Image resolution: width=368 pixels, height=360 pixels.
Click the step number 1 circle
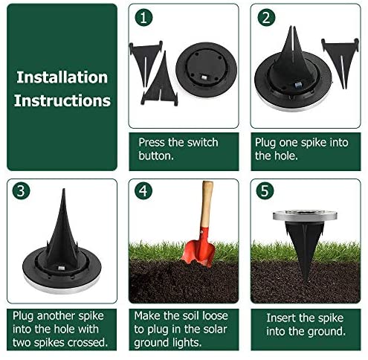point(143,17)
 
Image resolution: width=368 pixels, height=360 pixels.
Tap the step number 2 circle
point(266,17)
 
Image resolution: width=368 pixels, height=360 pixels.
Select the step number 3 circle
point(21,190)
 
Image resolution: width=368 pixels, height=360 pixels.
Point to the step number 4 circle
point(143,190)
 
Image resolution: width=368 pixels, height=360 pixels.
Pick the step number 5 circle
point(265,190)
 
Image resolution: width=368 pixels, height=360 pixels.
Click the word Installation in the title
point(62,77)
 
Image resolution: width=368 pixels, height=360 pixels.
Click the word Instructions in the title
point(62,100)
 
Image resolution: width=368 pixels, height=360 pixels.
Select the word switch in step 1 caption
point(202,142)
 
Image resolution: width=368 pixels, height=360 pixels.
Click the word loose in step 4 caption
point(215,315)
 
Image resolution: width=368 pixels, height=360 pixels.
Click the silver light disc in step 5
point(305,216)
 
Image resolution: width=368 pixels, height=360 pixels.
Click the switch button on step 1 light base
point(204,77)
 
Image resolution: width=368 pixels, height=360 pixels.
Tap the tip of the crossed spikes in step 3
point(64,189)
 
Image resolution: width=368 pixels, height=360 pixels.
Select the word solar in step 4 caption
point(215,329)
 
